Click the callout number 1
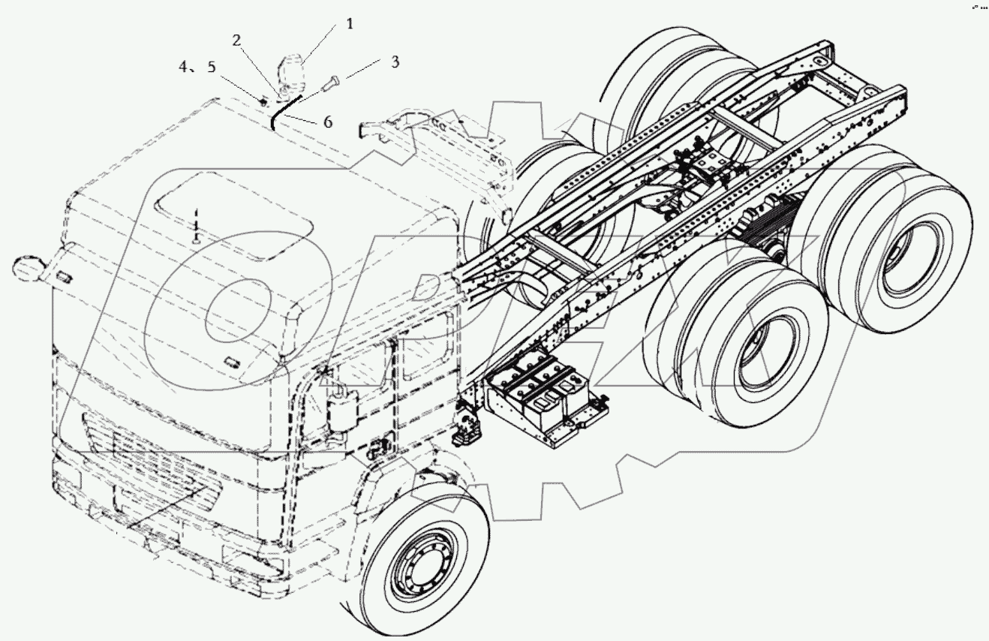[350, 23]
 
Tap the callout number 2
[236, 41]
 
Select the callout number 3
[394, 62]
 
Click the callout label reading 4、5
[197, 68]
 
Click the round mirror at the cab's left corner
[27, 268]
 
